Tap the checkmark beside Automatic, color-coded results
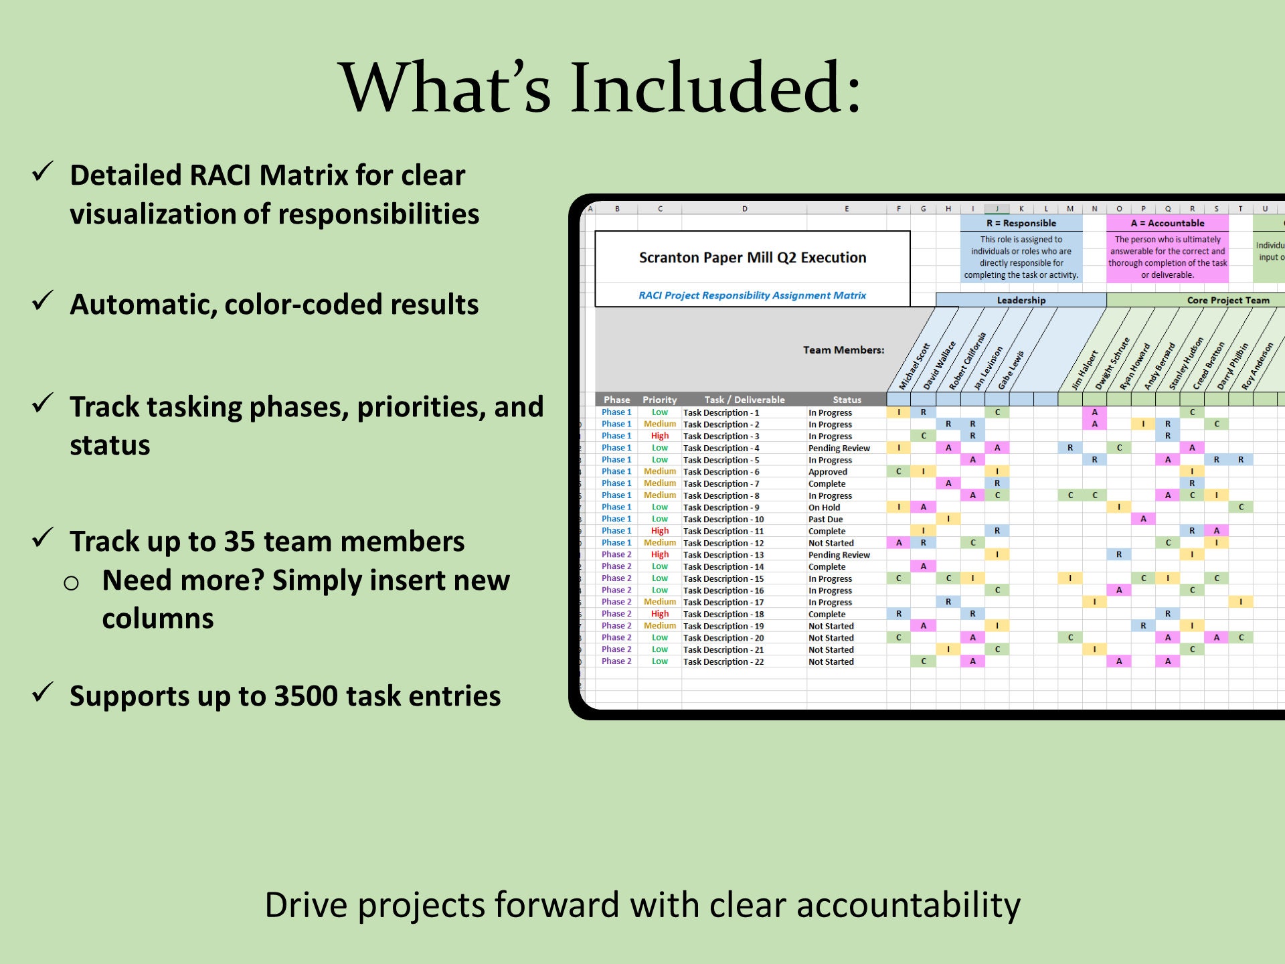[44, 301]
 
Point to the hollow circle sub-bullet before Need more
[72, 583]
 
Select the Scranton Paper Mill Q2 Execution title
[752, 258]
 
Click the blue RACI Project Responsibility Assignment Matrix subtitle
[752, 295]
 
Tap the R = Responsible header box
[1021, 223]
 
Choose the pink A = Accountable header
[1167, 223]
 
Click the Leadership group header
[1021, 300]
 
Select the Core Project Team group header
[1228, 300]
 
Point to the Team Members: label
[843, 350]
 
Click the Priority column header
[660, 400]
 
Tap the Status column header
[847, 400]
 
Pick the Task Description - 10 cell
[723, 519]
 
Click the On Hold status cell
[825, 507]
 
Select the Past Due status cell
[826, 519]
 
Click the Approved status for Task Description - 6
[828, 472]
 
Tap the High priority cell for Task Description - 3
[660, 436]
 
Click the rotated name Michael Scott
[914, 366]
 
